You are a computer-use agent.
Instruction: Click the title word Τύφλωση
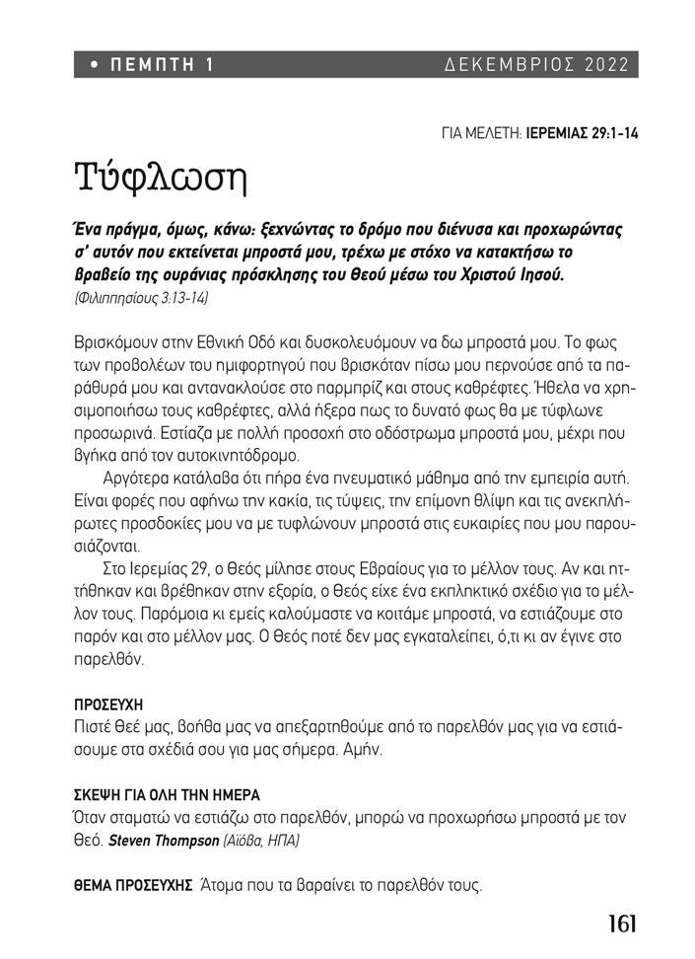(x=158, y=180)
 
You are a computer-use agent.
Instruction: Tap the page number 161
(x=621, y=924)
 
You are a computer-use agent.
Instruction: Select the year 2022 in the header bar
(x=605, y=65)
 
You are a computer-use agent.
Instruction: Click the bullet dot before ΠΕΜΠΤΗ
(x=94, y=66)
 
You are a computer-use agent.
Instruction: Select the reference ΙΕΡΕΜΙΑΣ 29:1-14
(x=583, y=131)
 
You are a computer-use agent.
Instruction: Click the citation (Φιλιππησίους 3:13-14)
(x=141, y=297)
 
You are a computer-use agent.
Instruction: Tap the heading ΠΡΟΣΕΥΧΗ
(x=108, y=705)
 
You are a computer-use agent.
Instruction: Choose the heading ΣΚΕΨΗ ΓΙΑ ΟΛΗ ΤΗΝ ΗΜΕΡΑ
(x=168, y=795)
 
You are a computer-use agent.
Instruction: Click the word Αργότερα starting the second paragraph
(x=140, y=478)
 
